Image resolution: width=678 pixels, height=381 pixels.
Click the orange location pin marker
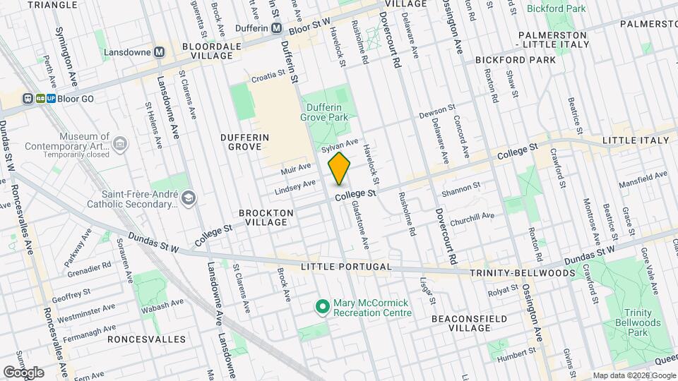pyautogui.click(x=339, y=169)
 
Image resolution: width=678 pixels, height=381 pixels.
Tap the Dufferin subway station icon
pyautogui.click(x=277, y=28)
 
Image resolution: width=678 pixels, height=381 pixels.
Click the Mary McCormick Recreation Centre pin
pyautogui.click(x=322, y=306)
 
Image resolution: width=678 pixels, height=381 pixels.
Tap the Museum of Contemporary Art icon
pyautogui.click(x=120, y=145)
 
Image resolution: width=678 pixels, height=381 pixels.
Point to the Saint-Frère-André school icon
pyautogui.click(x=187, y=199)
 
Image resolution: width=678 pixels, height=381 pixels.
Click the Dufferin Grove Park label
pyautogui.click(x=326, y=112)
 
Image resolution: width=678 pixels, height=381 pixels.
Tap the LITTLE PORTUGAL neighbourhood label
pyautogui.click(x=345, y=267)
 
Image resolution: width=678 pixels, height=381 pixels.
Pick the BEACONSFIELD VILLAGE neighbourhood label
pyautogui.click(x=470, y=323)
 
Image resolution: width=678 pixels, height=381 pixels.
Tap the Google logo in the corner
pyautogui.click(x=23, y=372)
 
